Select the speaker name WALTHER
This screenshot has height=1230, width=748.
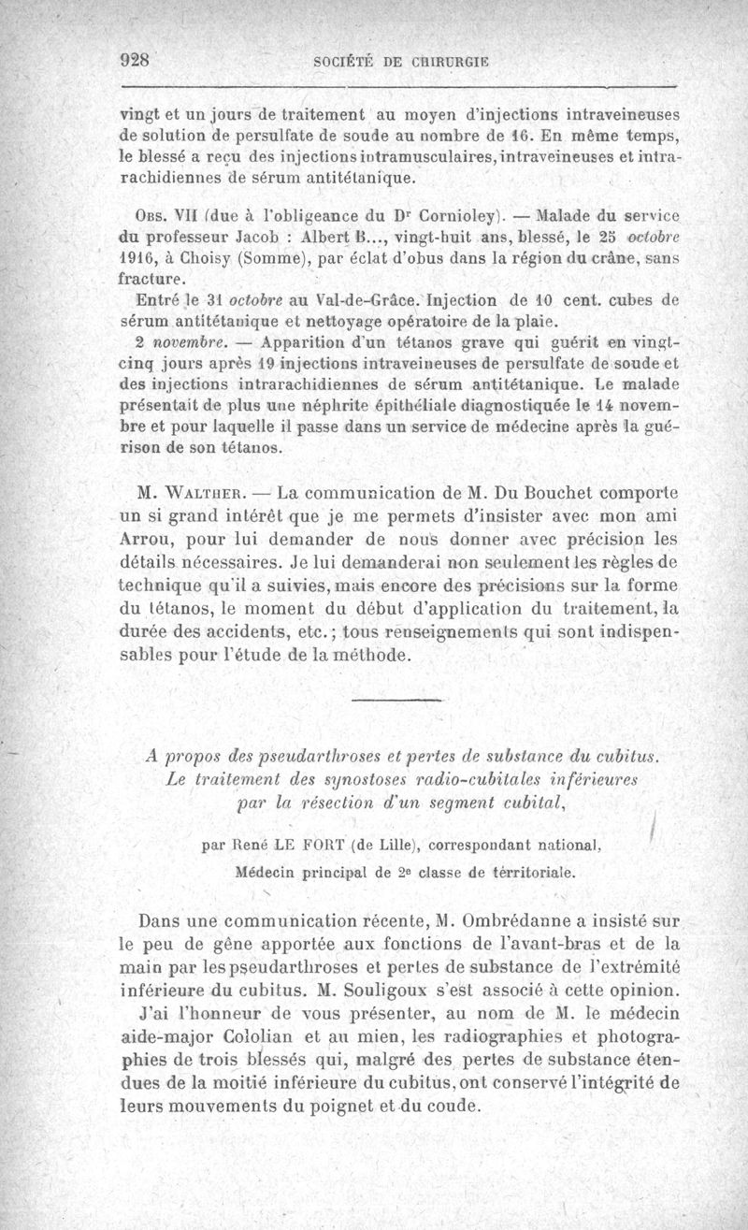click(x=206, y=490)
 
